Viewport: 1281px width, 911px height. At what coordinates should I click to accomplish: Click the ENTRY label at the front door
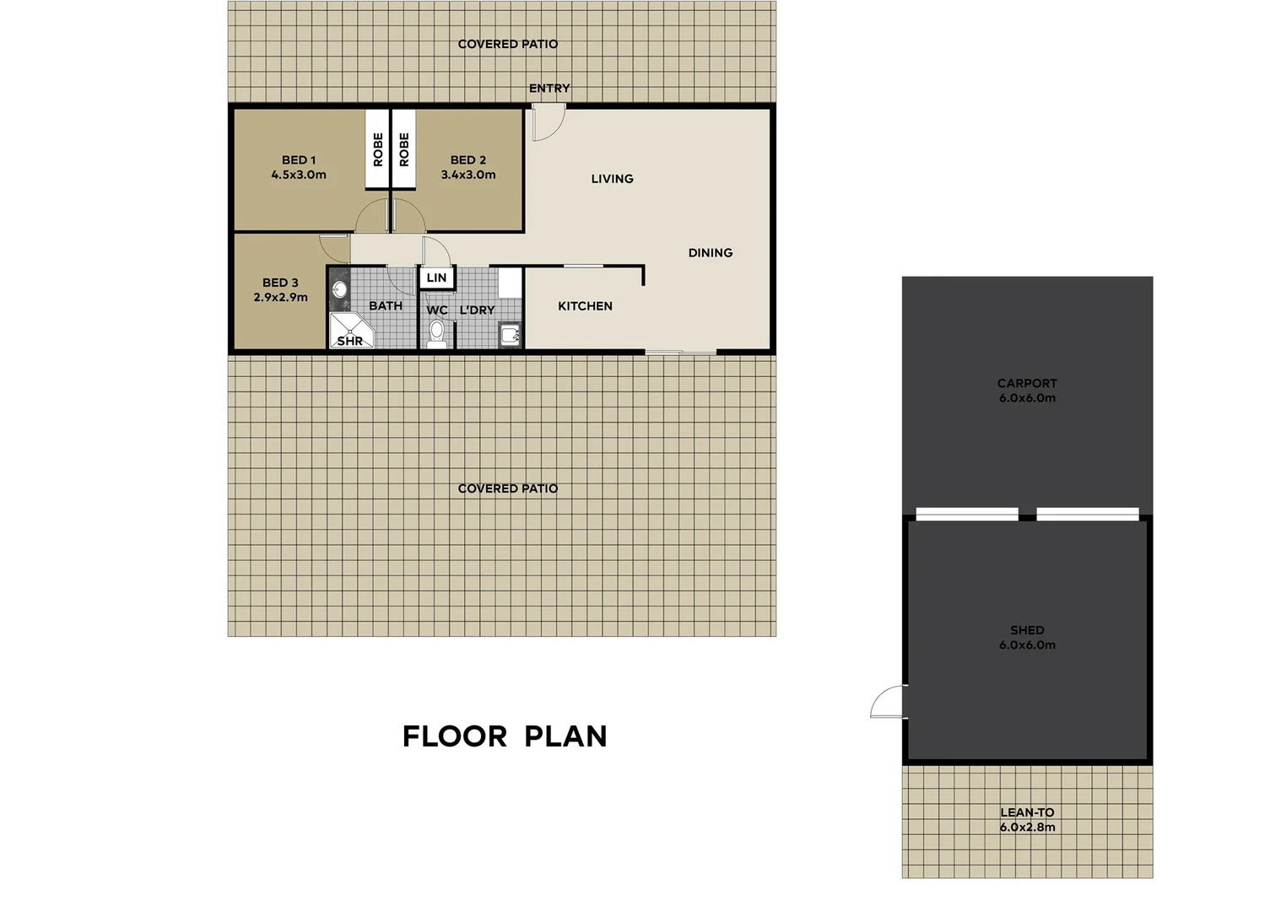pyautogui.click(x=549, y=88)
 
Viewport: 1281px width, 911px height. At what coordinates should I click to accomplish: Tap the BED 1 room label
pyautogui.click(x=299, y=159)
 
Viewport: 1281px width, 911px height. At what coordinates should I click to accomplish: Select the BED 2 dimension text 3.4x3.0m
pyautogui.click(x=468, y=175)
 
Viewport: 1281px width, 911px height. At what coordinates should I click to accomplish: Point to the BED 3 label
pyautogui.click(x=280, y=283)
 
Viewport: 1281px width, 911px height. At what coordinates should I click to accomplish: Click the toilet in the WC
pyautogui.click(x=436, y=335)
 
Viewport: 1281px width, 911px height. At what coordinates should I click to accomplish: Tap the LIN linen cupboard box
pyautogui.click(x=436, y=278)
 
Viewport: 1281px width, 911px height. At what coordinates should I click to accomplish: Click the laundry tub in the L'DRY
pyautogui.click(x=511, y=336)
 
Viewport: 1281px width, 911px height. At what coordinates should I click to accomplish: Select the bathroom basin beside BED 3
pyautogui.click(x=339, y=290)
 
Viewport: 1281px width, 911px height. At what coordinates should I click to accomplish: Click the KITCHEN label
pyautogui.click(x=585, y=306)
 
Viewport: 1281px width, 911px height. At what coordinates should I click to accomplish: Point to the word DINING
pyautogui.click(x=711, y=253)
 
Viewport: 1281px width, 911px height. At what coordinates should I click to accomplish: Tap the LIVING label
pyautogui.click(x=612, y=179)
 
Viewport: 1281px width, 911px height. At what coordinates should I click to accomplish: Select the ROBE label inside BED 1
pyautogui.click(x=377, y=149)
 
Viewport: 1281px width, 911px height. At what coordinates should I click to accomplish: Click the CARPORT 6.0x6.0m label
pyautogui.click(x=1027, y=391)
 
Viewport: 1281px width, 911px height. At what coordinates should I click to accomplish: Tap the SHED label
pyautogui.click(x=1027, y=630)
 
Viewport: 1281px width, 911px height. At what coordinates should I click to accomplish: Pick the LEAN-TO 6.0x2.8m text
pyautogui.click(x=1027, y=820)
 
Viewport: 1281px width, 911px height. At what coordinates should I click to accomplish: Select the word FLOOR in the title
pyautogui.click(x=454, y=736)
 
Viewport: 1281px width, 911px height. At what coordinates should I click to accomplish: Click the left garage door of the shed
pyautogui.click(x=967, y=514)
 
